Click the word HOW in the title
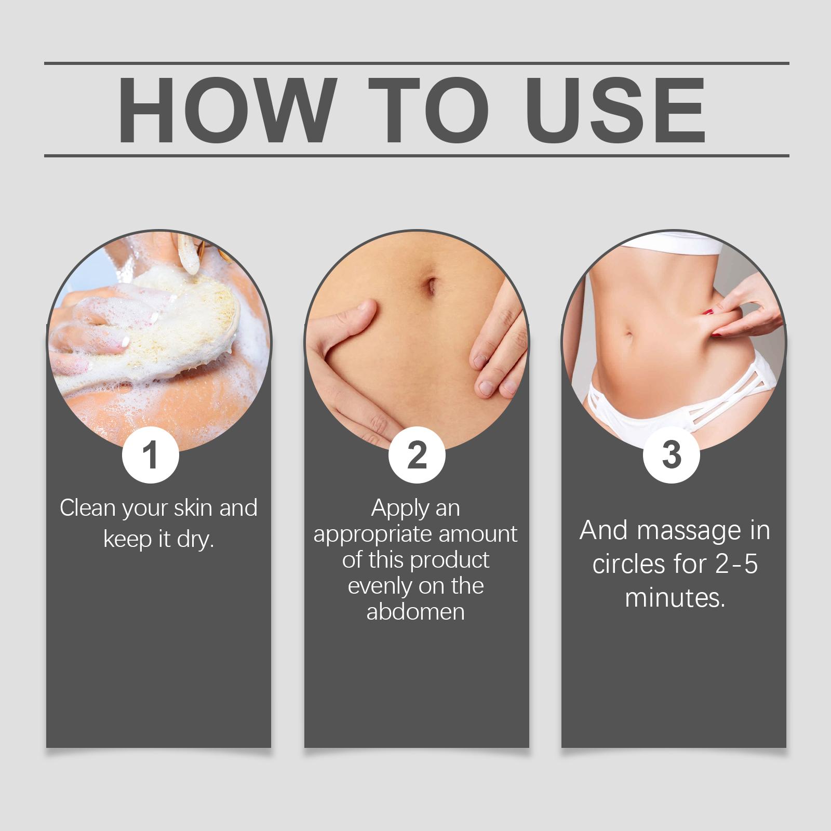coord(224,111)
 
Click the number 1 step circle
coord(151,455)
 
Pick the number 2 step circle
coord(417,455)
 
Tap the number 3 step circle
coord(672,455)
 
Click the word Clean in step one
coord(88,507)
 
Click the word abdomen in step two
coord(415,611)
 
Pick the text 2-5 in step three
coord(736,564)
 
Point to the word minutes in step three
coord(675,597)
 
